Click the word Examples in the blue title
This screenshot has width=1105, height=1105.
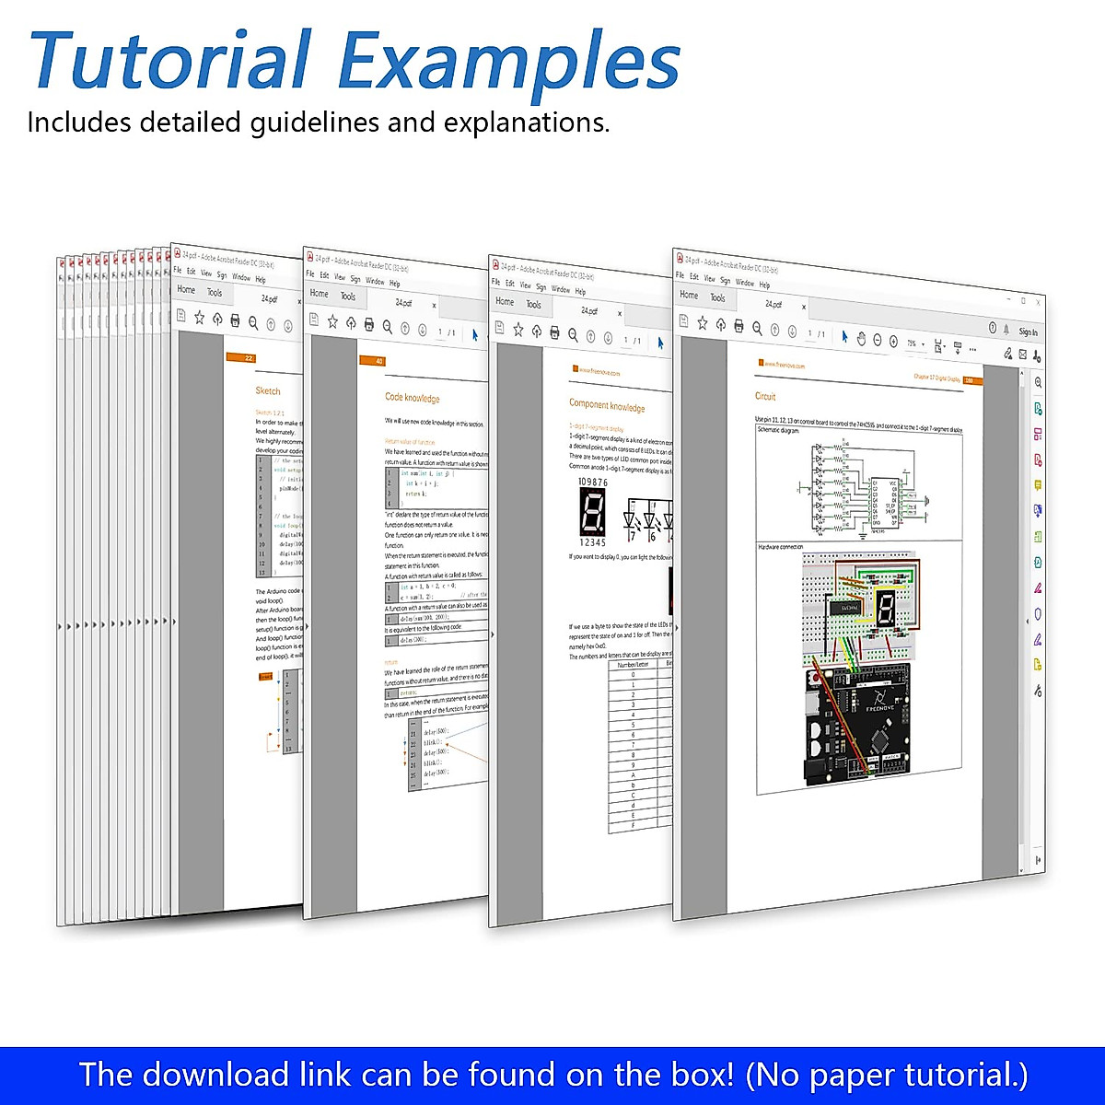(509, 63)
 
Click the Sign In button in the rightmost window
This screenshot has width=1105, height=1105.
(1028, 331)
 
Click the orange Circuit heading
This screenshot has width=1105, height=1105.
(765, 397)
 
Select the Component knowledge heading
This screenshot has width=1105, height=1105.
(607, 405)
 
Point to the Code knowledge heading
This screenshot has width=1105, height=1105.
(412, 398)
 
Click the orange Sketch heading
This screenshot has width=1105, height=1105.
(268, 390)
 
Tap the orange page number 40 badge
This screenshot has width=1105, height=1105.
(378, 361)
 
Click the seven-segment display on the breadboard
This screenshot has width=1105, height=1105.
(885, 609)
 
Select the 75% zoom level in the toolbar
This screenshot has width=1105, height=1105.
(912, 343)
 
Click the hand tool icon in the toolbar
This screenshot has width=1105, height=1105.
(861, 338)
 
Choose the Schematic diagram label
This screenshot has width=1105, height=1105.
(779, 430)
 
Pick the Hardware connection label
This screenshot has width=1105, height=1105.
(781, 547)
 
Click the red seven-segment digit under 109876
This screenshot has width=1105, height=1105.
(592, 512)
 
